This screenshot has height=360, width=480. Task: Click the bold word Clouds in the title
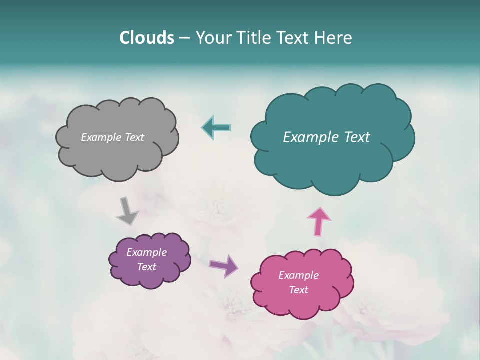point(146,38)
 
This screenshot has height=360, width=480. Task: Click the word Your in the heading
point(213,38)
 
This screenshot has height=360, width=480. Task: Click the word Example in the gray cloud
point(100,137)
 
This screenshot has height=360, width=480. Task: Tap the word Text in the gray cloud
point(134,137)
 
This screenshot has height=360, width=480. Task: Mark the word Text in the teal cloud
point(357,137)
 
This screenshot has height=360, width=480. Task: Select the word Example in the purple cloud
point(147,252)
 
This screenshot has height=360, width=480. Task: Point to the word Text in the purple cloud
point(147,267)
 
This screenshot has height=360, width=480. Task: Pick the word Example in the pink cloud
point(298,275)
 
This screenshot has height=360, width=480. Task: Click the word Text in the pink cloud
point(298,290)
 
